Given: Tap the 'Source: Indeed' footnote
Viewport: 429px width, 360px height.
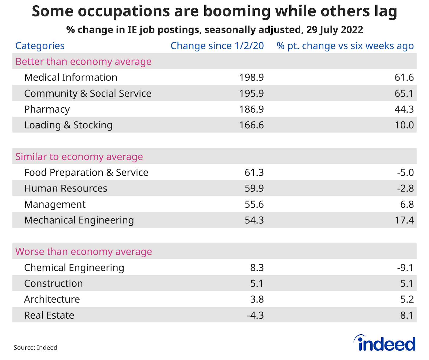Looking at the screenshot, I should (35, 348).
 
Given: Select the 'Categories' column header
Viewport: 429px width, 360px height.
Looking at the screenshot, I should (40, 46).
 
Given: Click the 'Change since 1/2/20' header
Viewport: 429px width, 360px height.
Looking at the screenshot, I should (217, 46).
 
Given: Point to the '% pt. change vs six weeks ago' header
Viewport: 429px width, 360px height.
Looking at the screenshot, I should (345, 46).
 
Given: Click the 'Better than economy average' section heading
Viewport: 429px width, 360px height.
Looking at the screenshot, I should (83, 62).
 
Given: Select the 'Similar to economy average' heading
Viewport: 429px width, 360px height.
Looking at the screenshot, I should (79, 157).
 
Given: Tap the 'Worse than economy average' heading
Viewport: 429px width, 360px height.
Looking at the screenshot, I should (84, 252).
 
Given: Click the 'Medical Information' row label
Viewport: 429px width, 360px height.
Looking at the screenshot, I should (71, 77).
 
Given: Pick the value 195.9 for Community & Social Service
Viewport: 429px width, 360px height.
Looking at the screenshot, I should (251, 93).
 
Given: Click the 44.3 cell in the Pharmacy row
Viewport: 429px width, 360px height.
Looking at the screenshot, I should (404, 109).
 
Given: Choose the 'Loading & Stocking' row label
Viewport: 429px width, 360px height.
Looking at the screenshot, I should (68, 125).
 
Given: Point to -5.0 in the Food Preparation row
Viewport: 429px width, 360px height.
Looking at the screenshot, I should (405, 172).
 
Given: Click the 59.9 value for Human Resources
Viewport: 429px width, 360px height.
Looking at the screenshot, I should (254, 188).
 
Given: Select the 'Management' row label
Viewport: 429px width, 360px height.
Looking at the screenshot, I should (55, 204).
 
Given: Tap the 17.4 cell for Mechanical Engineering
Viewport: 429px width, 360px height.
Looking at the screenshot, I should (404, 220).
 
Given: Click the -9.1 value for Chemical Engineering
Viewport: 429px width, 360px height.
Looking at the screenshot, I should (405, 268).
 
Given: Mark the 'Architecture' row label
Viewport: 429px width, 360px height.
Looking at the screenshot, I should (52, 299).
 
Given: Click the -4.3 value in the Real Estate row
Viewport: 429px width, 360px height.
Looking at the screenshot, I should (255, 315).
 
